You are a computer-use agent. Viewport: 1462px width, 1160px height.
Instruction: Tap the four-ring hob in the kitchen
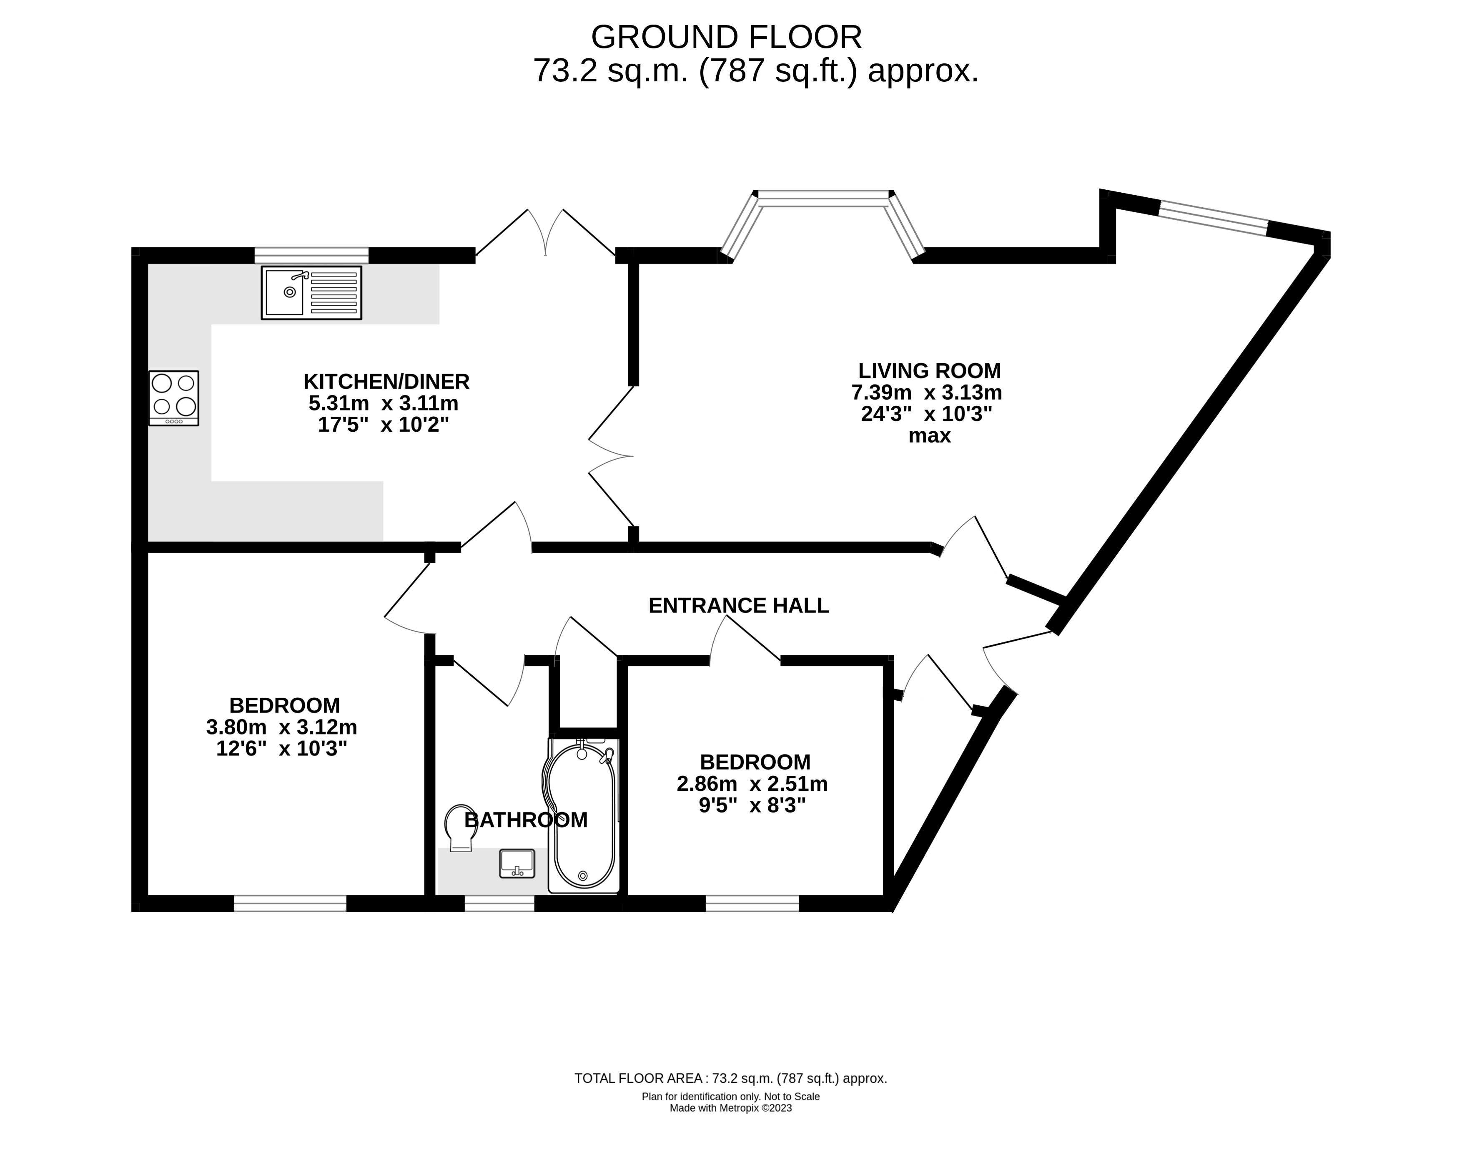174,398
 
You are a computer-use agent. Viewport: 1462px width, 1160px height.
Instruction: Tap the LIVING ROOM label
930,371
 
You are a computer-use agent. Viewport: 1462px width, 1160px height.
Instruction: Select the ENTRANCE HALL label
738,606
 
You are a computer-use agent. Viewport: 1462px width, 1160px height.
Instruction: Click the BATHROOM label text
526,820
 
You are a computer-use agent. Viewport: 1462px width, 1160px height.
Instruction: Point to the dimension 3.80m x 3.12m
281,727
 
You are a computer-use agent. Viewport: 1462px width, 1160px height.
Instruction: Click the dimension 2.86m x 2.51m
752,784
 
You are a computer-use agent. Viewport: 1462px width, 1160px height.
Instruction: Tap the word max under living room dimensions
930,435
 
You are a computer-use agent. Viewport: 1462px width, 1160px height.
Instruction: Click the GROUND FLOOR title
726,37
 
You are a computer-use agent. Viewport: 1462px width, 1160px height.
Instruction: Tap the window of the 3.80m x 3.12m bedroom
290,903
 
